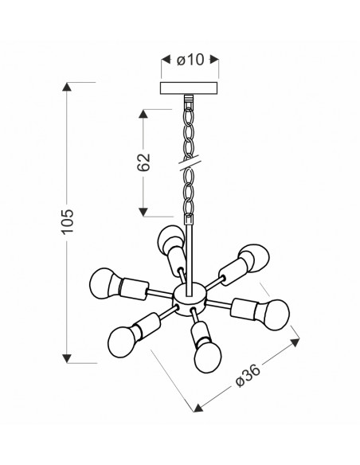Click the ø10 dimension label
190,60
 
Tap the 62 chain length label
143,162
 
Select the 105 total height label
68,221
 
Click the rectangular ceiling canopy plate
190,88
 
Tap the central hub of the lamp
189,299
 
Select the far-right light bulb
276,315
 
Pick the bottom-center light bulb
208,358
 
